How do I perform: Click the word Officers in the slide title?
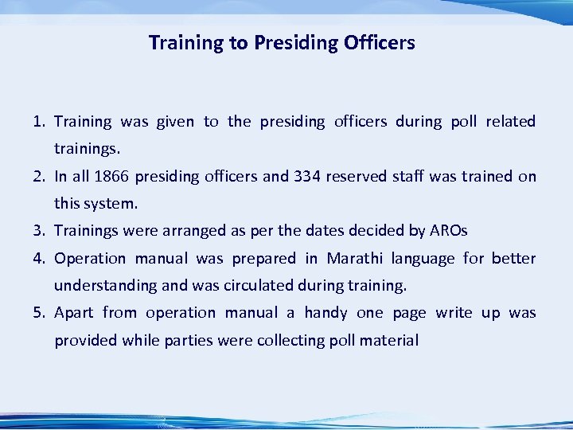pyautogui.click(x=379, y=43)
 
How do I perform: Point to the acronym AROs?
pyautogui.click(x=448, y=231)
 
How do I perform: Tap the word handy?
pyautogui.click(x=325, y=313)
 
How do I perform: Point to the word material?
pyautogui.click(x=389, y=341)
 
